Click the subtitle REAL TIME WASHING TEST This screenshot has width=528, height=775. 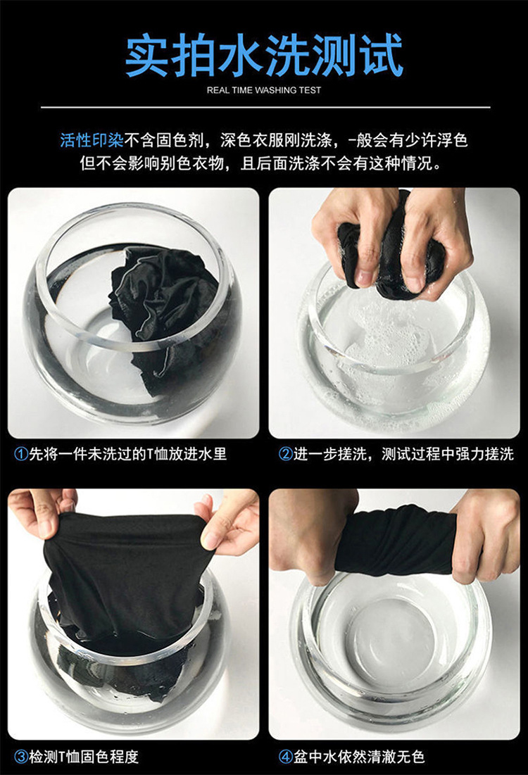[x=264, y=90]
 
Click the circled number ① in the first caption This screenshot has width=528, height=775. [x=21, y=454]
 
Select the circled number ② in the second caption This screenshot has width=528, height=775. [x=286, y=454]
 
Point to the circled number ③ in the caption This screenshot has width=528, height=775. [x=21, y=757]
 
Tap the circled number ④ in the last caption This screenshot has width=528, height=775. [x=286, y=757]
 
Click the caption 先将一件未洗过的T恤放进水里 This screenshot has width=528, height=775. [x=127, y=454]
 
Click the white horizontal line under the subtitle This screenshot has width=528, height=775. [x=264, y=107]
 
